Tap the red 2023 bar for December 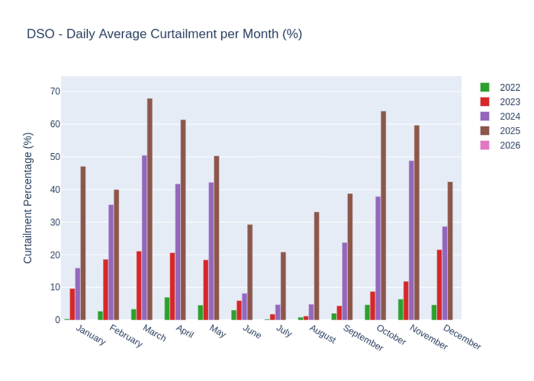pyautogui.click(x=439, y=285)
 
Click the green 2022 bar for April pyautogui.click(x=167, y=309)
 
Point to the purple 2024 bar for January pyautogui.click(x=78, y=294)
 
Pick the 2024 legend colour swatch pyautogui.click(x=485, y=117)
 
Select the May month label pyautogui.click(x=217, y=332)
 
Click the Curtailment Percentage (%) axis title pyautogui.click(x=28, y=198)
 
